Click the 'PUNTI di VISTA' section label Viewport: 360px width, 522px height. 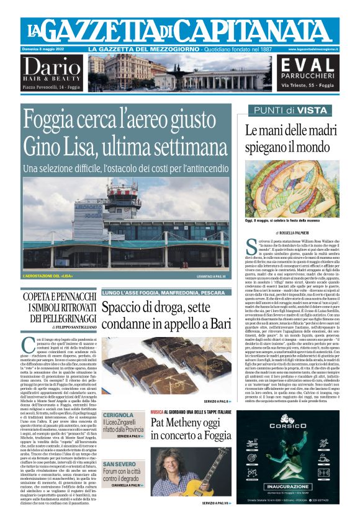pos(287,110)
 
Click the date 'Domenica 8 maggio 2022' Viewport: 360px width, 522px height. pos(49,49)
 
